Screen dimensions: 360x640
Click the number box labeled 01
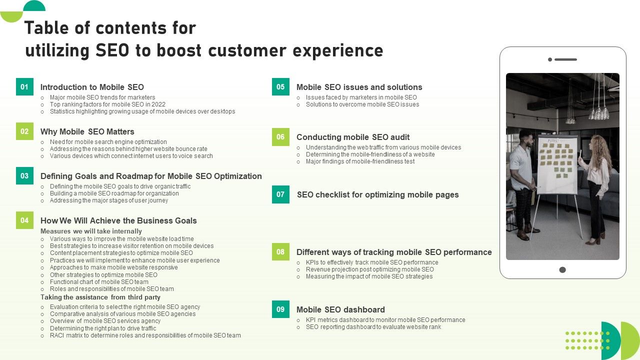click(x=24, y=86)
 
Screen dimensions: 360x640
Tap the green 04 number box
click(x=24, y=220)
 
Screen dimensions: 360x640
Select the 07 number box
click(x=280, y=194)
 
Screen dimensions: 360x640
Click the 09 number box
click(x=280, y=309)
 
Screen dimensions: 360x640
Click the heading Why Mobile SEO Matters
click(x=87, y=131)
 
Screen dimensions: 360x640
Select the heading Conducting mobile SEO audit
click(x=353, y=137)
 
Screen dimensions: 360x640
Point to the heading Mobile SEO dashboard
click(x=340, y=309)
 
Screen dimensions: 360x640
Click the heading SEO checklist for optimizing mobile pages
click(x=377, y=194)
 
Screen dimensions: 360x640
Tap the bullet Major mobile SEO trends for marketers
click(x=102, y=97)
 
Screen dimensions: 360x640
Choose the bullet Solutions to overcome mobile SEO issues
click(x=362, y=104)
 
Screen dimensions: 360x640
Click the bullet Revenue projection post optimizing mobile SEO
click(x=369, y=269)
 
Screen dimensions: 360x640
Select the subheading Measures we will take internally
click(x=91, y=231)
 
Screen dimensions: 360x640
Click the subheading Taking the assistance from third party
click(x=100, y=297)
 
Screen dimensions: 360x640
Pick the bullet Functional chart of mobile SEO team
click(x=99, y=281)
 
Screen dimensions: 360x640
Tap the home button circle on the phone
click(x=562, y=269)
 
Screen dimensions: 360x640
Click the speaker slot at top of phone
click(x=565, y=59)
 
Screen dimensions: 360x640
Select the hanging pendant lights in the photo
click(x=597, y=107)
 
